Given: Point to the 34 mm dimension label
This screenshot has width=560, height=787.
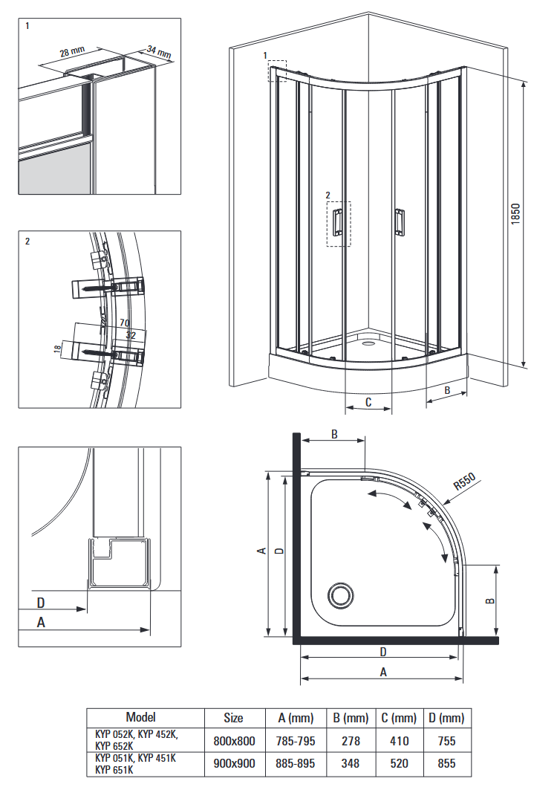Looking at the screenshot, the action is point(159,51).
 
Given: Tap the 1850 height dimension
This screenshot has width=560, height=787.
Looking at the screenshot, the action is point(515,214).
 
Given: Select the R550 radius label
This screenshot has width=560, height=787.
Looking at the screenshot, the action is point(464,482).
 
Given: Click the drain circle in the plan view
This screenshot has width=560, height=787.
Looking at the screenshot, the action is point(341,595).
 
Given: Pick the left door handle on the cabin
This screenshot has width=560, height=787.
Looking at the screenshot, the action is point(338,221).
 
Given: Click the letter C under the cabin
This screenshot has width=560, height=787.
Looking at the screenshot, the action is point(368,402).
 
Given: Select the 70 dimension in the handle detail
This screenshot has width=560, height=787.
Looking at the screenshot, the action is point(125,323).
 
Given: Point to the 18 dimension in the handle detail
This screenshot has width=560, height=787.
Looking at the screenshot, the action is point(58,348).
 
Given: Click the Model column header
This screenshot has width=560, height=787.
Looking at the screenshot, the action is point(140,717).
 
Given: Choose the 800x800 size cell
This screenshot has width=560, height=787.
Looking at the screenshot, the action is point(234,741).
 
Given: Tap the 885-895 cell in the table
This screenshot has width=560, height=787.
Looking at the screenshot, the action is point(295,763).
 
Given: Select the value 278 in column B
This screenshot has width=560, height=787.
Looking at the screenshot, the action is point(351,741).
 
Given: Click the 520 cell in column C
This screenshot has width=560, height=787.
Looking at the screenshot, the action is point(399,763).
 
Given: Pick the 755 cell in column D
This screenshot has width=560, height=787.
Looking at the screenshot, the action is point(446,741).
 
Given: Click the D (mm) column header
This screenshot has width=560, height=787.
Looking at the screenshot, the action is point(446,718).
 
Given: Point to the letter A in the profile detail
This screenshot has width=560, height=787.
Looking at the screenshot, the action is point(41,622).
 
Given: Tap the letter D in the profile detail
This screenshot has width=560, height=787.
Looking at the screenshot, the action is point(41,602).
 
